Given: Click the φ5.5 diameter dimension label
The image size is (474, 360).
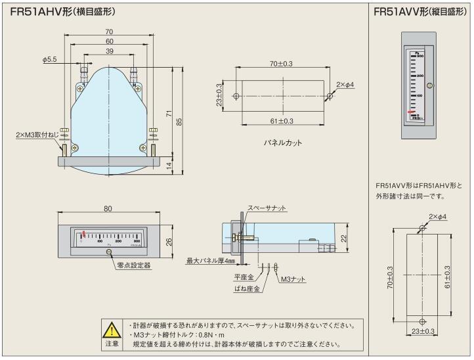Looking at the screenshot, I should [51, 60].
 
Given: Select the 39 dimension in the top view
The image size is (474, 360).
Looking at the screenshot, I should [109, 51].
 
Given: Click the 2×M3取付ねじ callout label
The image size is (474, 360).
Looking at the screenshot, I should [30, 134].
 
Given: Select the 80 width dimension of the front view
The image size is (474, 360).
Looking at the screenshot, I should [108, 210].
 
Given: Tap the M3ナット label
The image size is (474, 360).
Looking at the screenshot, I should [293, 280].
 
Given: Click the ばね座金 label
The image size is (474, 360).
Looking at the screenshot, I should [246, 288].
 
